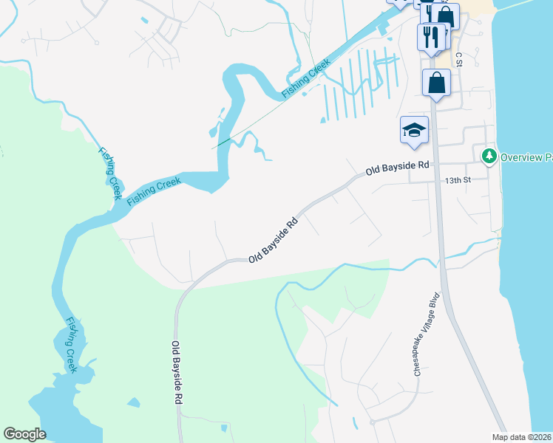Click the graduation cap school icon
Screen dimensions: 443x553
pyautogui.click(x=414, y=130)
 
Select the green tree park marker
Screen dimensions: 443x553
pyautogui.click(x=489, y=157)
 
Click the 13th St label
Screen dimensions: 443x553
pyautogui.click(x=458, y=179)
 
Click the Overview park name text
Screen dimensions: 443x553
pyautogui.click(x=526, y=157)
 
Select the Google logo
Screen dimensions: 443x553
pyautogui.click(x=24, y=434)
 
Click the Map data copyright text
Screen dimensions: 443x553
pyautogui.click(x=521, y=437)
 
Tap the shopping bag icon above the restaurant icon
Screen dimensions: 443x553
pyautogui.click(x=446, y=16)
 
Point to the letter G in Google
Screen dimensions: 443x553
pyautogui.click(x=10, y=434)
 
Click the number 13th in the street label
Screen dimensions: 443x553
pyautogui.click(x=452, y=179)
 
